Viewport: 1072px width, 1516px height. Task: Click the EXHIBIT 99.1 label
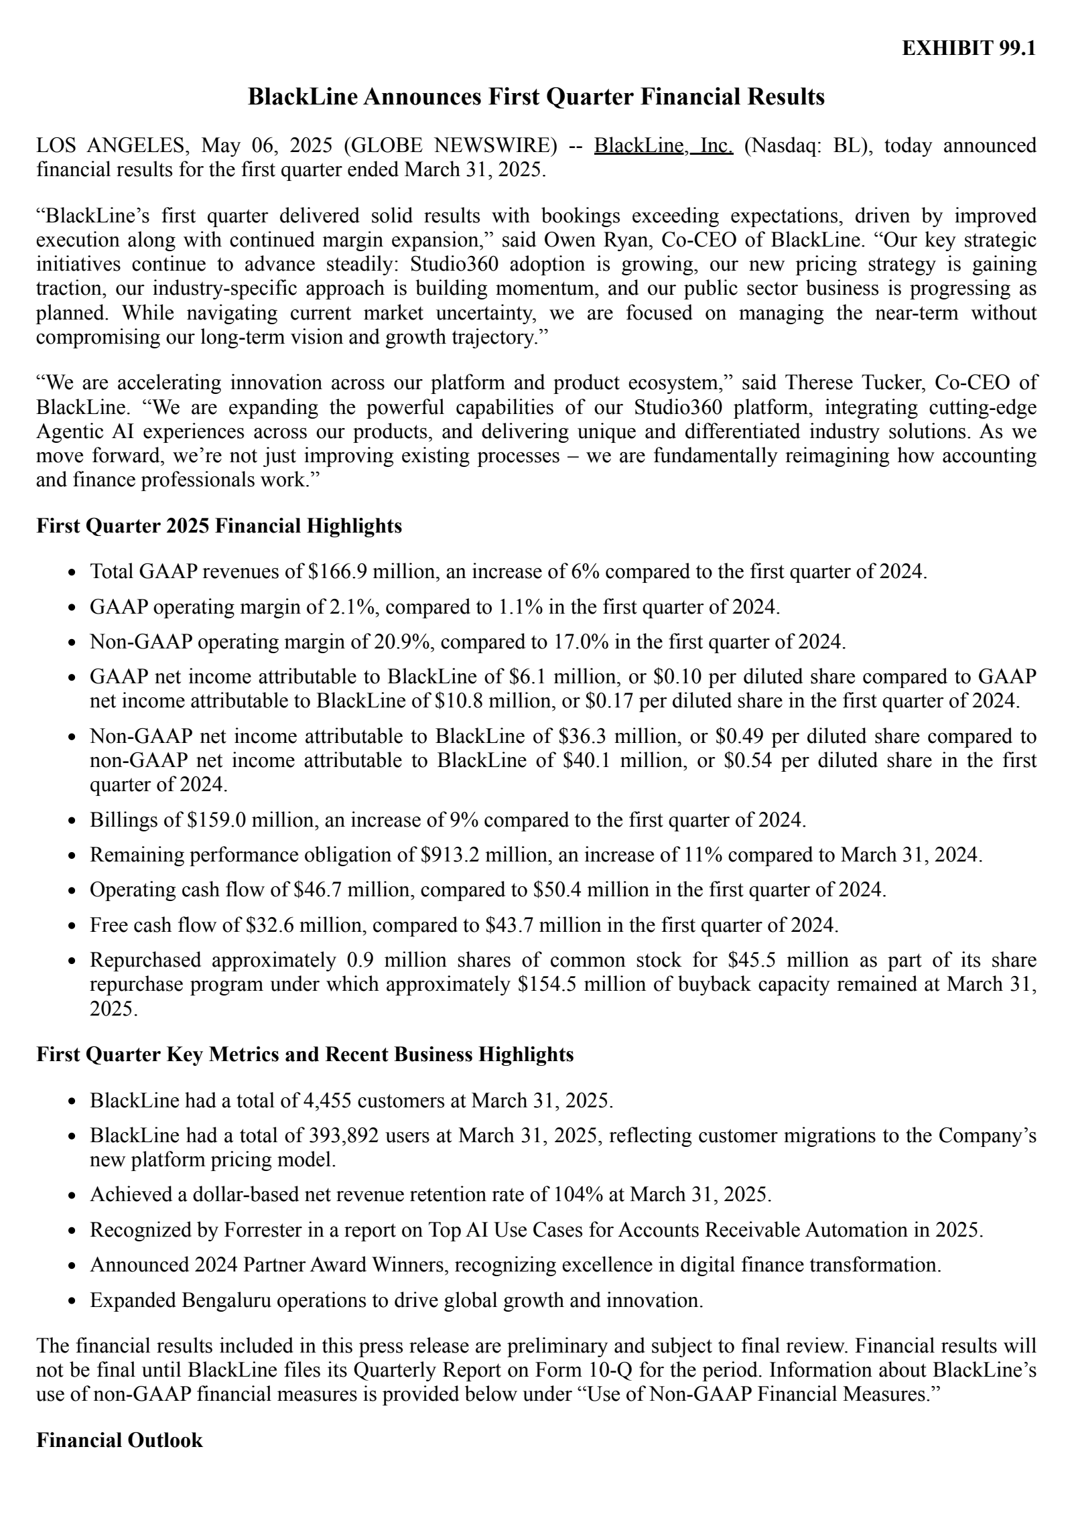pos(968,49)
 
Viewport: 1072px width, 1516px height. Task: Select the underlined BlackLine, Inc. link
pos(663,145)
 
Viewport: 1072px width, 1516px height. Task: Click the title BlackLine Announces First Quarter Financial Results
pos(536,97)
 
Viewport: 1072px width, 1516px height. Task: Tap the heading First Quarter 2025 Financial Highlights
pos(219,526)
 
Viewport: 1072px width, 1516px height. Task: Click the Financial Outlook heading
pos(119,1440)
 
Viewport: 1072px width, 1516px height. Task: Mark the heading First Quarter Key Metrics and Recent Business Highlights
pos(305,1054)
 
